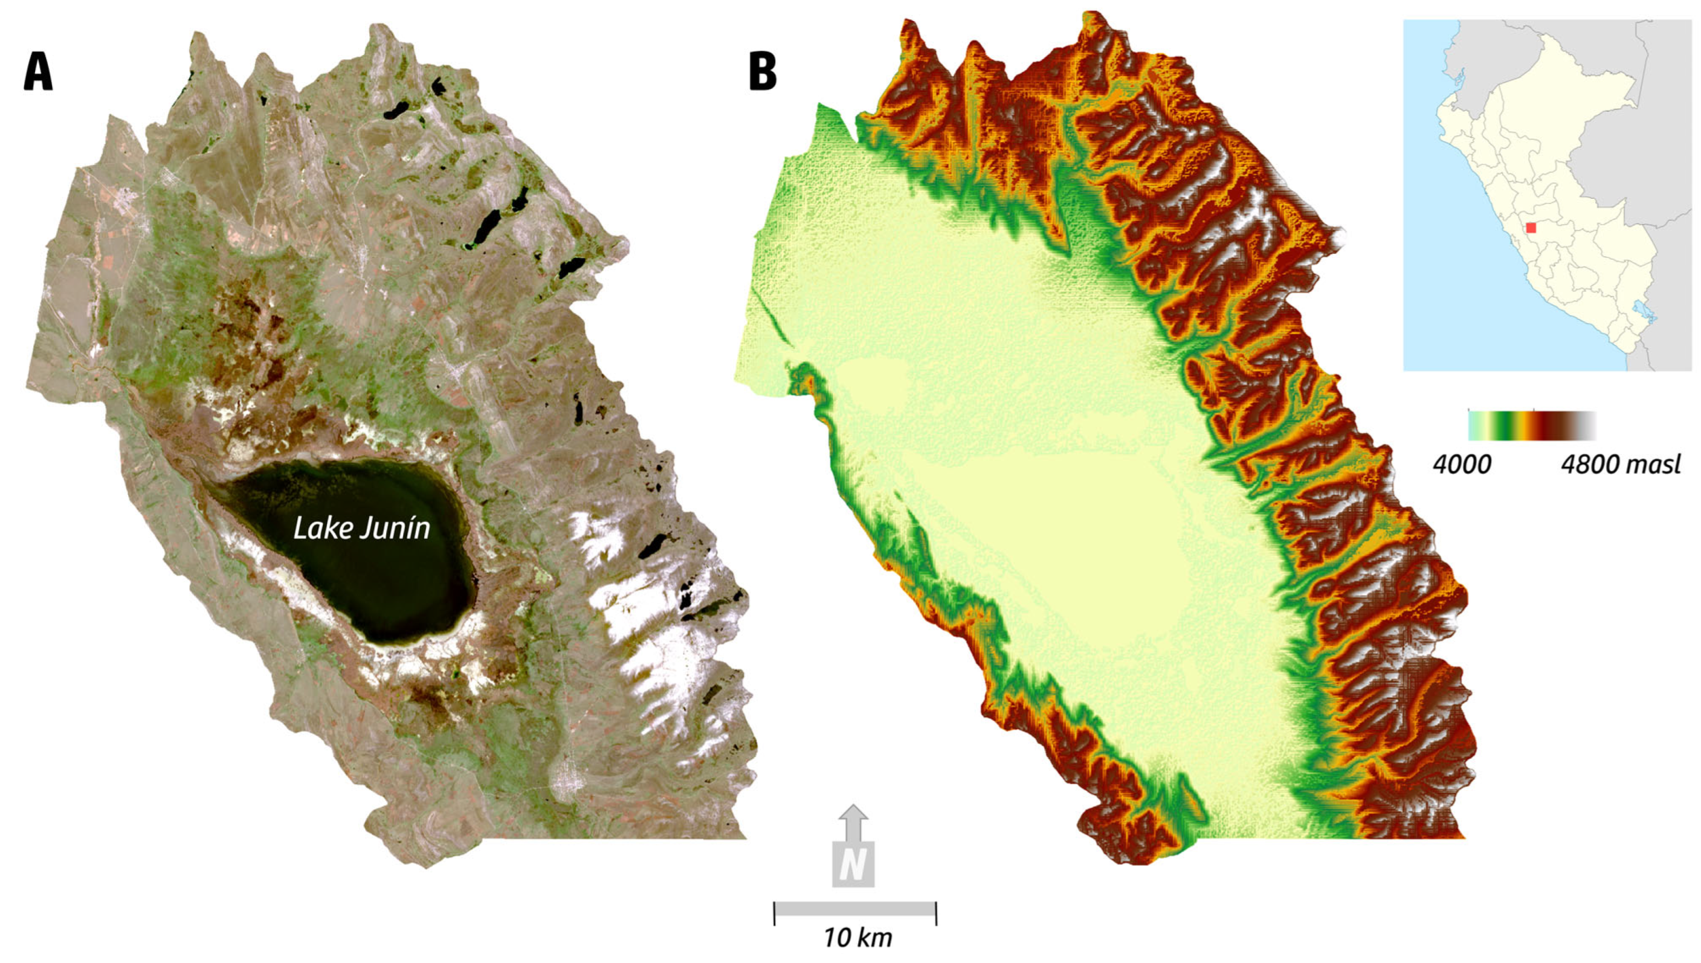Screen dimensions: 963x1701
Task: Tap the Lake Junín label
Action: click(361, 529)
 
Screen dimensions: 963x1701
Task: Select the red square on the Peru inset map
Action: click(1531, 228)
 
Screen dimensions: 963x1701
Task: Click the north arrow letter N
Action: click(853, 866)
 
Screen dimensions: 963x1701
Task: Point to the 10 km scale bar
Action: click(854, 909)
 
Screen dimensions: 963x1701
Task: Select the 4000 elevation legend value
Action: click(1462, 465)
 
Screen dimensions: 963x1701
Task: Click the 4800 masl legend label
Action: click(1619, 465)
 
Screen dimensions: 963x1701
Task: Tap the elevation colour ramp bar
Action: click(1532, 425)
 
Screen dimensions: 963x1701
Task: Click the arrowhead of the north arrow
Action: click(854, 813)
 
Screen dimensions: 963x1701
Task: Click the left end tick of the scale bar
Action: click(775, 913)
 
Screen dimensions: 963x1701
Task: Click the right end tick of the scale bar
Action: click(936, 913)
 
